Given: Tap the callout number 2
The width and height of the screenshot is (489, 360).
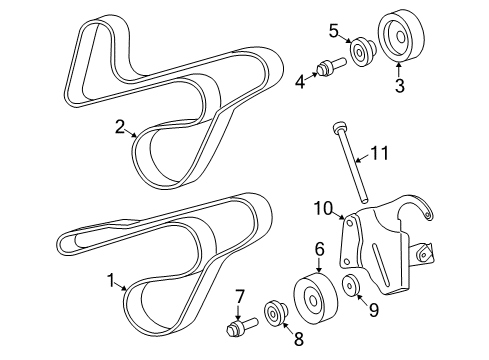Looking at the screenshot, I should [x=120, y=127].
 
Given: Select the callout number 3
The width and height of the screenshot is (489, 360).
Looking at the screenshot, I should [x=399, y=86].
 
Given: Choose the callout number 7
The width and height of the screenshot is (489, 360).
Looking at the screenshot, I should [x=240, y=295].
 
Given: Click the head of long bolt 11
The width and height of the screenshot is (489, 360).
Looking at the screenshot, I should [x=340, y=127].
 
